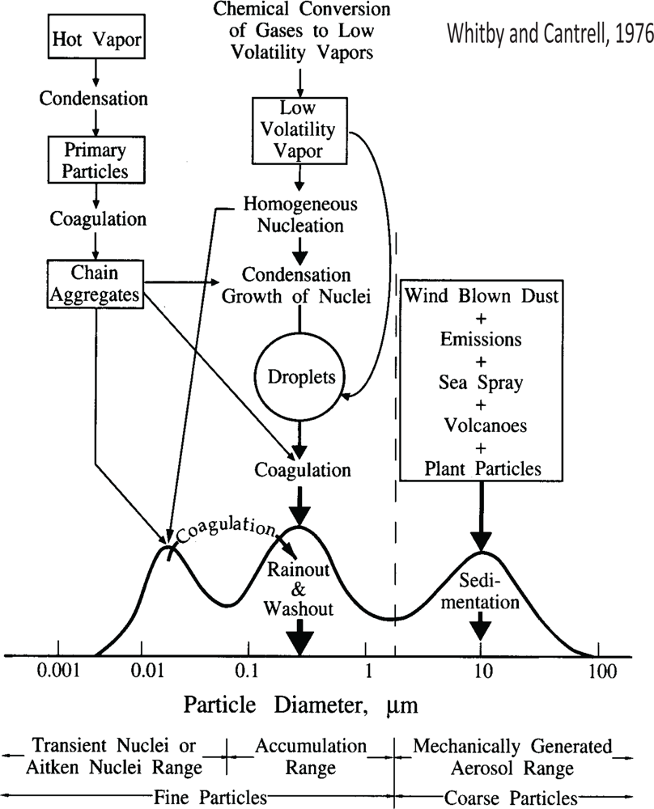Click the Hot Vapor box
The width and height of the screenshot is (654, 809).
click(95, 38)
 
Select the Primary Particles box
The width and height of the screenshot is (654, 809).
click(95, 159)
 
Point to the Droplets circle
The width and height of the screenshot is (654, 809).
click(301, 378)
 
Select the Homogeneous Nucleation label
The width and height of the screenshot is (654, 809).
click(300, 214)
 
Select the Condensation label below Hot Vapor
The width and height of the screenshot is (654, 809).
click(95, 99)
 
